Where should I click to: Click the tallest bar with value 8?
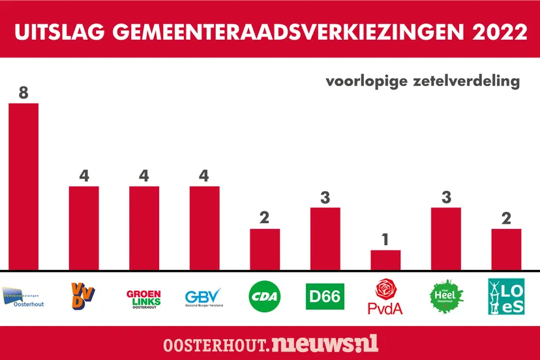click(23, 186)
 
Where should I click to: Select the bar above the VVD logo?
click(84, 228)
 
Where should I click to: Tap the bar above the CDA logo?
click(265, 249)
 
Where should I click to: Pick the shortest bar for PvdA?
click(385, 260)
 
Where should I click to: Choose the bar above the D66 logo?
click(325, 238)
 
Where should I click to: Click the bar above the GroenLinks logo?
click(144, 228)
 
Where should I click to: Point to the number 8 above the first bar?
click(23, 93)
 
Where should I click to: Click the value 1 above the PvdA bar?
click(385, 240)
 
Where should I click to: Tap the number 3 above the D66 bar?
click(325, 197)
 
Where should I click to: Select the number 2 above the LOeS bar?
click(506, 218)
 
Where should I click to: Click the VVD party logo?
click(83, 297)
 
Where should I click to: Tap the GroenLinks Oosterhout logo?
click(143, 297)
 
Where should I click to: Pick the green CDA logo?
click(265, 297)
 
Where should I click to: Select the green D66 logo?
click(325, 297)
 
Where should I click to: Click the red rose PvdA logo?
click(385, 297)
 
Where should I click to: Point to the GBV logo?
click(203, 297)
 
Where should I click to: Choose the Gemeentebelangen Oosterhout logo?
click(23, 297)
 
